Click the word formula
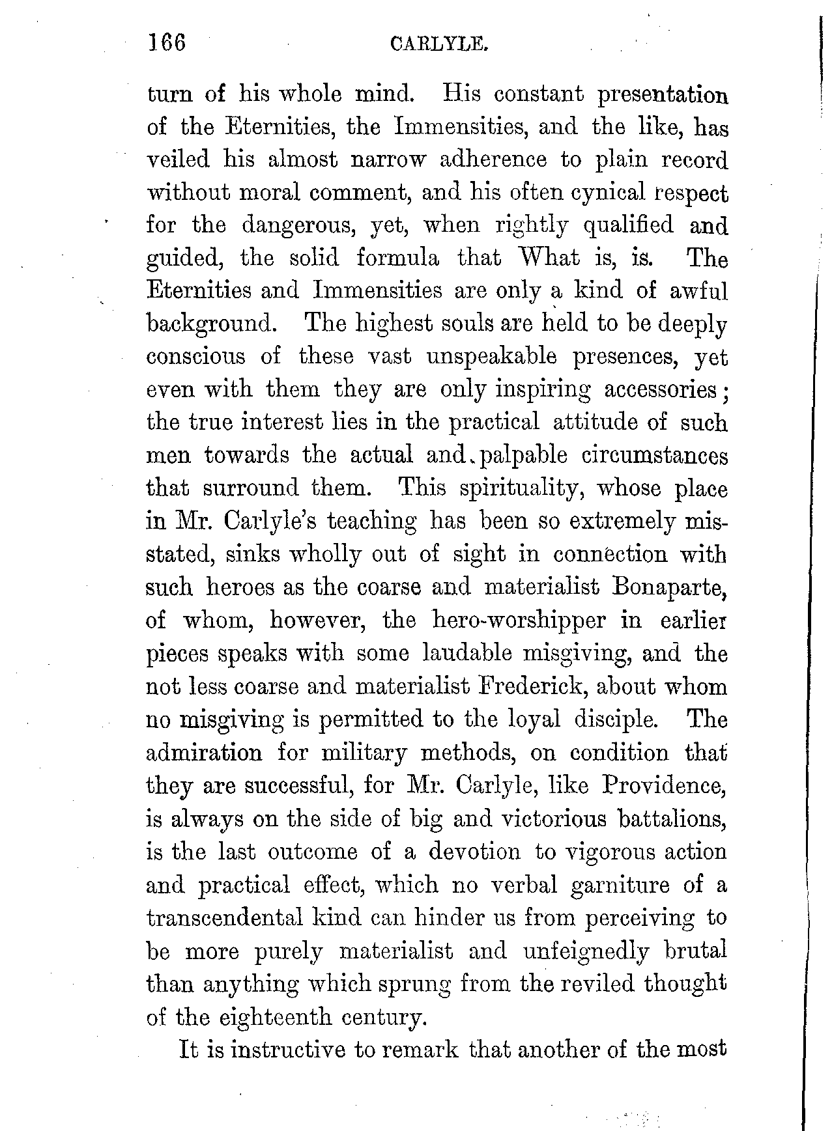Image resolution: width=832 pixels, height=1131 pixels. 398,258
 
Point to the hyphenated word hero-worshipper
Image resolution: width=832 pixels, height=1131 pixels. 518,620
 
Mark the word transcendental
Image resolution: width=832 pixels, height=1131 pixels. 225,917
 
